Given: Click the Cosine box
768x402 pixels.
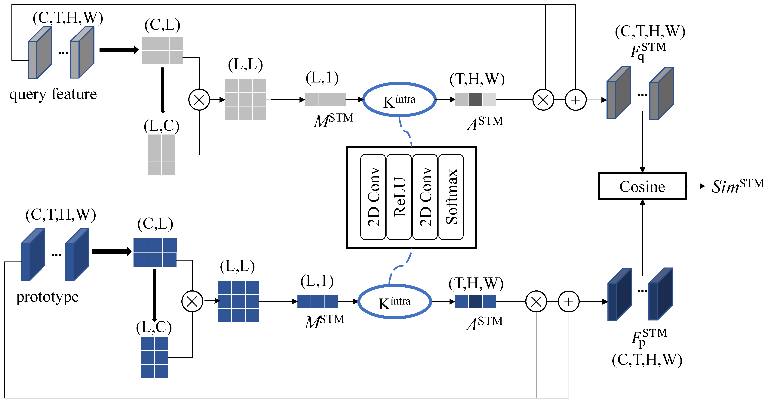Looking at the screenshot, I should point(642,186).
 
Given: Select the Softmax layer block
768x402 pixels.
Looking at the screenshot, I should point(451,197).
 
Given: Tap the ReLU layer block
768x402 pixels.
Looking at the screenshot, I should point(399,197).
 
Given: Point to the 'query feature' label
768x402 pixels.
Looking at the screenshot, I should point(53,94).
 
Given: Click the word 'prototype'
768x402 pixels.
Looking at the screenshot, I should point(47,297).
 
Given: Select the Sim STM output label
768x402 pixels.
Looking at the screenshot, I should point(737,186).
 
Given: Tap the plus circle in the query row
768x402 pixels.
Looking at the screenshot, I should point(575,100).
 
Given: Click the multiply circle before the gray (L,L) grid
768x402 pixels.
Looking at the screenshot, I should point(199,100).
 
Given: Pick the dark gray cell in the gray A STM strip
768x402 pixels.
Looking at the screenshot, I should point(475,100).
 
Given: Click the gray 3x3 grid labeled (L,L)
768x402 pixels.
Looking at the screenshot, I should point(245,100).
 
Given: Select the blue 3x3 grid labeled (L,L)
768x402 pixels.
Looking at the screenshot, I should point(238,301).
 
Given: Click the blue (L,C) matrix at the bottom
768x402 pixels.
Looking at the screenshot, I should point(154,357).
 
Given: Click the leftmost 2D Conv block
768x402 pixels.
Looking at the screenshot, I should point(373,197).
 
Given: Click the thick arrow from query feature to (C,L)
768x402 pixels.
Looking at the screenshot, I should point(119,50).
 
